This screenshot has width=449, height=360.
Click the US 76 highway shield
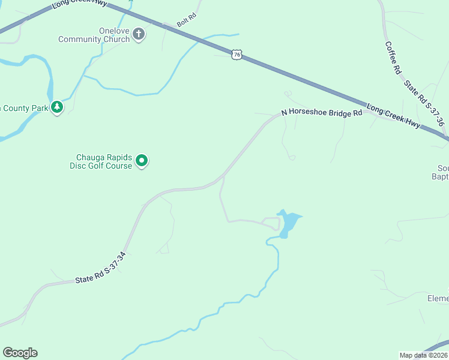[237, 55]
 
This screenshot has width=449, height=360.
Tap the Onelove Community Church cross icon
[139, 34]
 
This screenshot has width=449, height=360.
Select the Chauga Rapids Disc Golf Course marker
[142, 160]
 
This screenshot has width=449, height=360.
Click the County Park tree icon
[57, 107]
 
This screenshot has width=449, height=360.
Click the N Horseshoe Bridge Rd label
[322, 113]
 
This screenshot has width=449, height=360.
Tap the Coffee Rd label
[393, 58]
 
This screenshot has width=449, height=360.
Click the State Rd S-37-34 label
[100, 268]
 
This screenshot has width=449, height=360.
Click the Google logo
[20, 353]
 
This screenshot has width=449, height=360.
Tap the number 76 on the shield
[237, 55]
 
